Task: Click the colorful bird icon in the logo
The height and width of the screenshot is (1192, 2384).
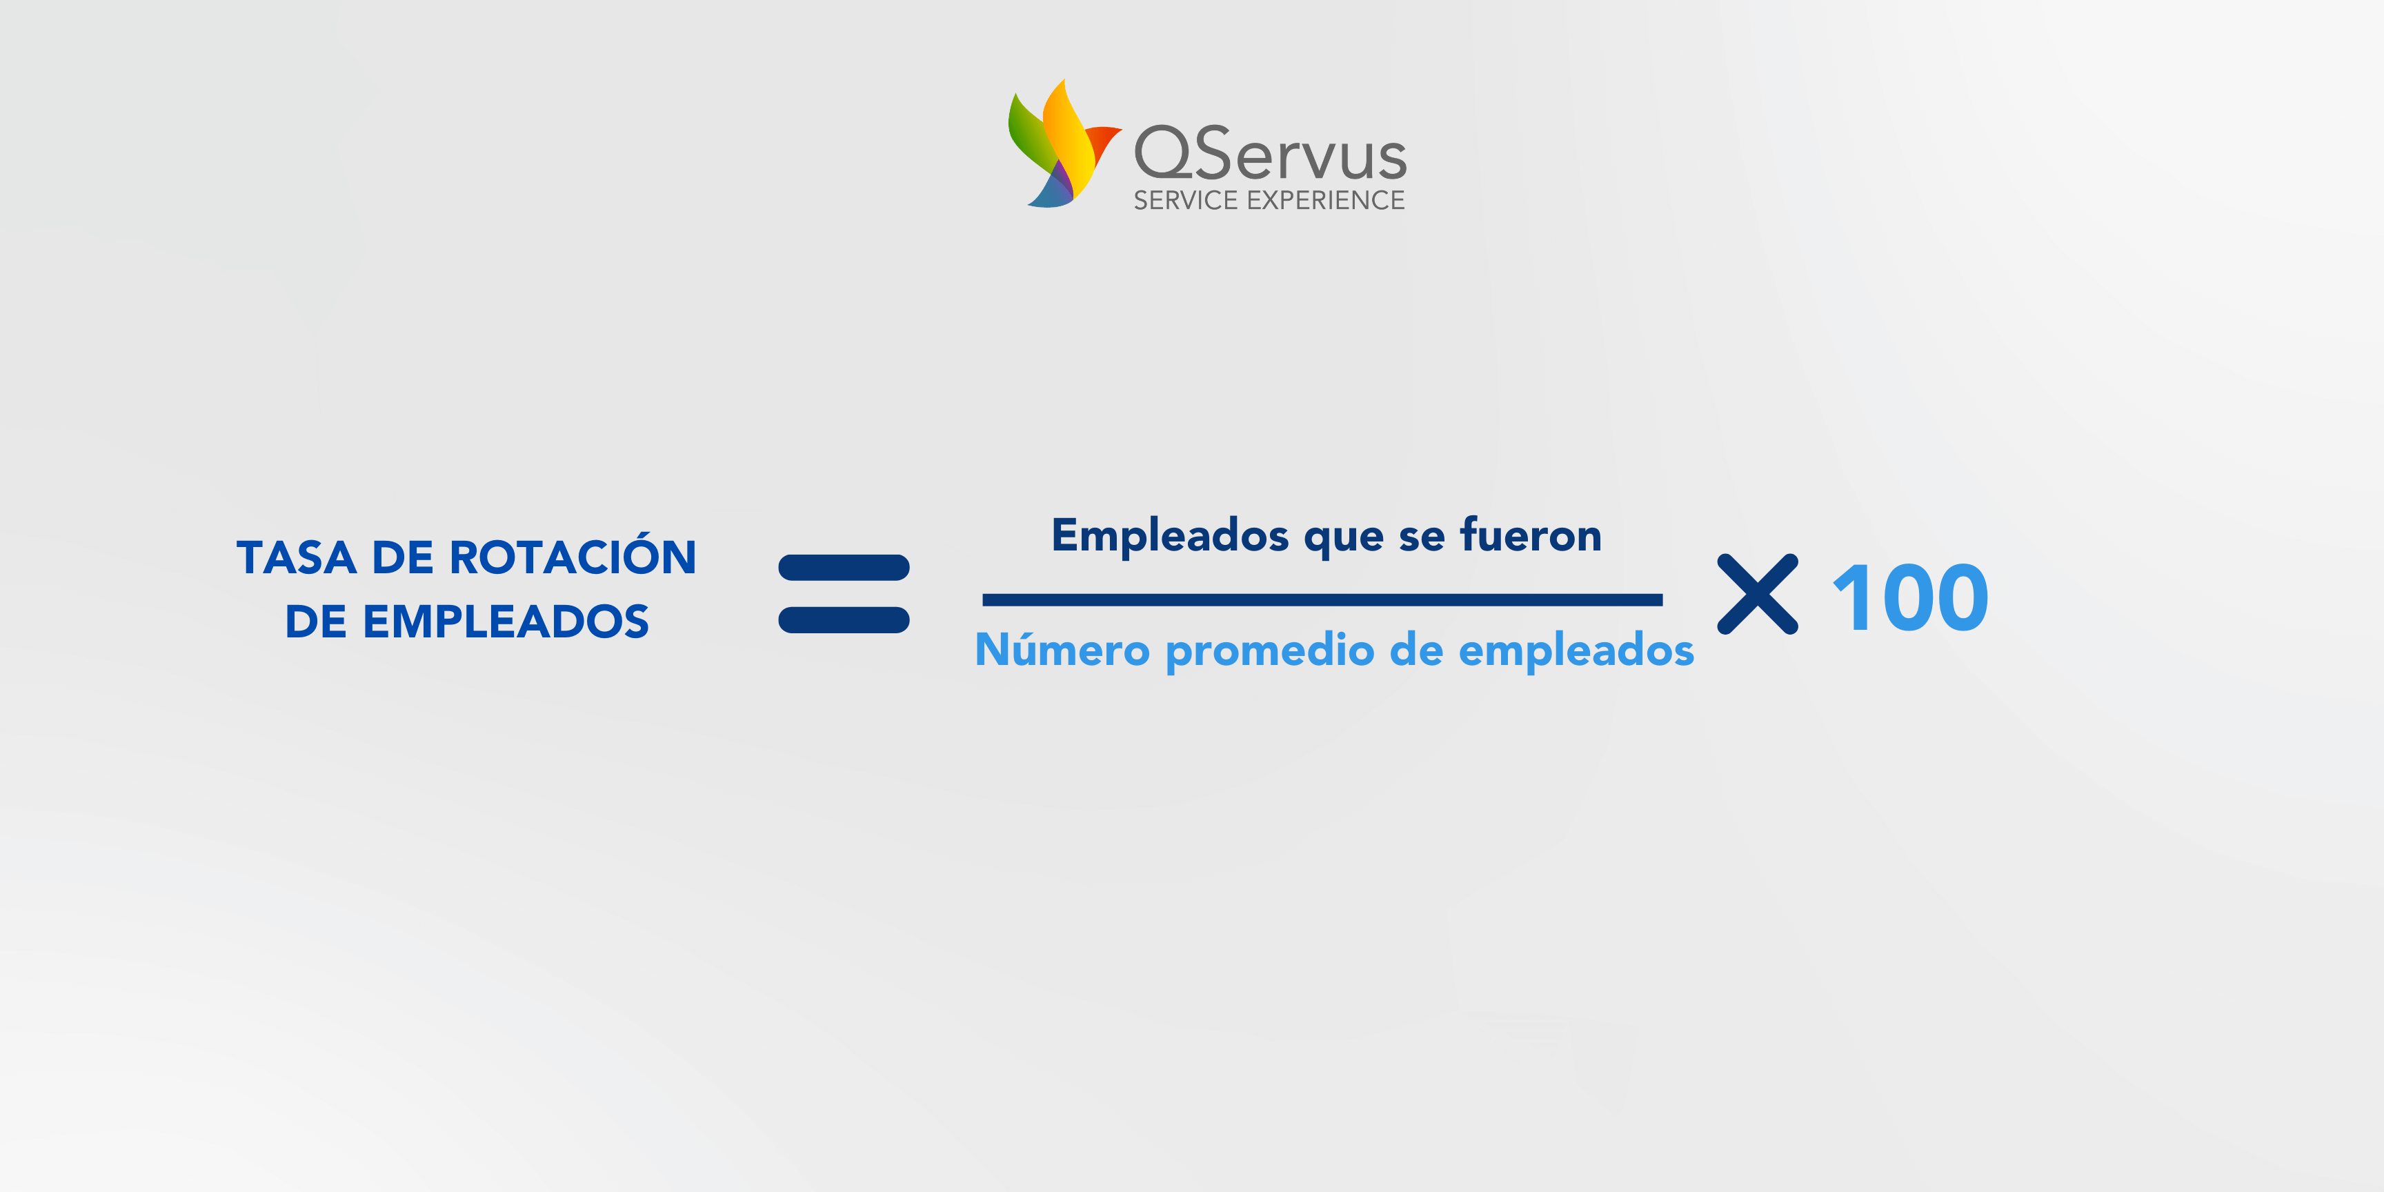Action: tap(1064, 143)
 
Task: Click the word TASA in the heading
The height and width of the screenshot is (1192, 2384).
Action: tap(296, 558)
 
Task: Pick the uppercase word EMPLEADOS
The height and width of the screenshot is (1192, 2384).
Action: tap(506, 622)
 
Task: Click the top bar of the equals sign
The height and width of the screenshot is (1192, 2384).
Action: tap(844, 567)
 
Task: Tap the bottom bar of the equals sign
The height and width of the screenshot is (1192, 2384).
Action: tap(844, 620)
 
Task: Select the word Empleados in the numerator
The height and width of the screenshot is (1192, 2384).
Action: tap(1170, 537)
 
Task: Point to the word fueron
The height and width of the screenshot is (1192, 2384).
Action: tap(1531, 534)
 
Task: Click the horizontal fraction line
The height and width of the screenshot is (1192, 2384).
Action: tap(1322, 599)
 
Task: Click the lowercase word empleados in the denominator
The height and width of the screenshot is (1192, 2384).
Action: tap(1576, 653)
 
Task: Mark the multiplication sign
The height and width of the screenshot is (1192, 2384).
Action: tap(1758, 594)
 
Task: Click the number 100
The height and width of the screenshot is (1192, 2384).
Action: tap(1910, 599)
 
